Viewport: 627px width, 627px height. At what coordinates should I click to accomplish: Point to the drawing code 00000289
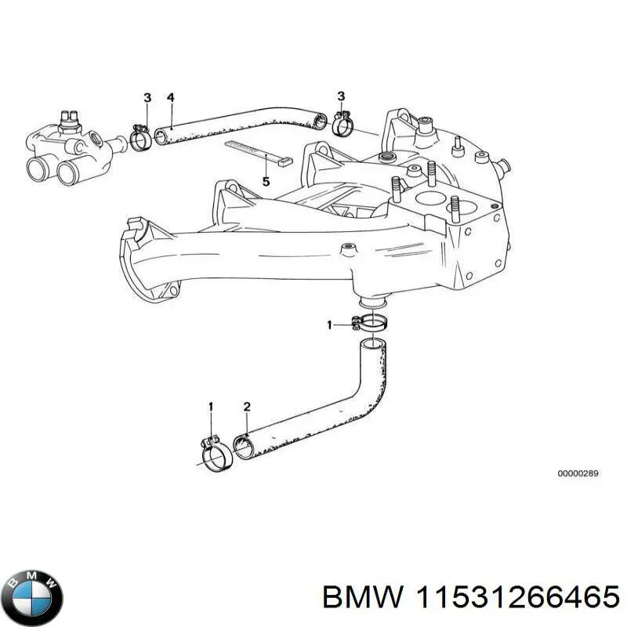[x=578, y=474]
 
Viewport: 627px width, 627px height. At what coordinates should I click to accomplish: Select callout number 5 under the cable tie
[x=266, y=182]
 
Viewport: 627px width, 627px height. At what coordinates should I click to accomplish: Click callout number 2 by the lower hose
[x=247, y=406]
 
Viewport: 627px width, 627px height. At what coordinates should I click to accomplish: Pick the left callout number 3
[x=147, y=97]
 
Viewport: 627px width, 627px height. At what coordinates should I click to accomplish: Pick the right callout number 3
[x=340, y=96]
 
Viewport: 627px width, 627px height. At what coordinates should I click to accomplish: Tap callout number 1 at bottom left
[x=210, y=406]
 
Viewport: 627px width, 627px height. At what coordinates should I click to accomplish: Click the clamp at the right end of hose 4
[x=342, y=122]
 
